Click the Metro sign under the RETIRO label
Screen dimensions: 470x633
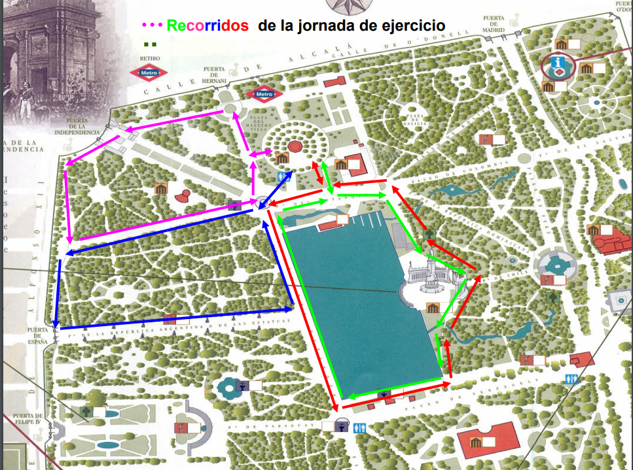coord(150,73)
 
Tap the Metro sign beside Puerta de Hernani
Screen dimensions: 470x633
coord(263,94)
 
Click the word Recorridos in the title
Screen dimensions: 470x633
coord(208,25)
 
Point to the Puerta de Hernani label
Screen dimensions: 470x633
coord(214,75)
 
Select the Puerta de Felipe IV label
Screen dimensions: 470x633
coord(27,419)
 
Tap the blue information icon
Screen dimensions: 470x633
coord(558,62)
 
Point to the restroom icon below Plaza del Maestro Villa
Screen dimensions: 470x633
coord(283,177)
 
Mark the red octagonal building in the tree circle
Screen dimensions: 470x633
coord(293,146)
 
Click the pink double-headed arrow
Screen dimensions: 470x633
coord(261,153)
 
